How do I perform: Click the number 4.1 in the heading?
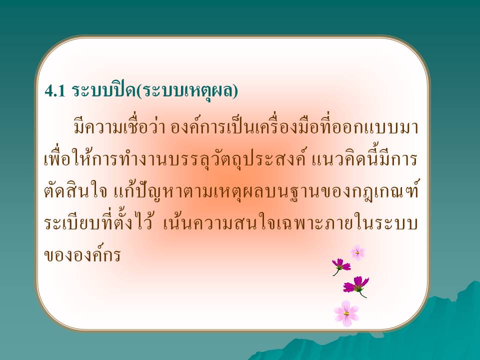pos(55,91)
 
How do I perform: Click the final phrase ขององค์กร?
pos(82,254)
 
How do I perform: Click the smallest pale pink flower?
pos(357,252)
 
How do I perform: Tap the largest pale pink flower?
pos(346,313)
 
